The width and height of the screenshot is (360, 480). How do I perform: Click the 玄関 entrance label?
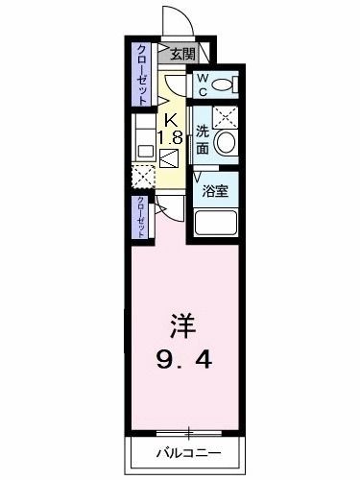[182, 55]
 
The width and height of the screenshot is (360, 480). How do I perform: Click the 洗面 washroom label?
[203, 142]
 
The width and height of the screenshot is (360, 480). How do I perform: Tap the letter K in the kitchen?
[171, 120]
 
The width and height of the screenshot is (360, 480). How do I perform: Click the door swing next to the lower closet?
[165, 210]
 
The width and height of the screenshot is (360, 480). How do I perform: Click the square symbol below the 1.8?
[170, 159]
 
